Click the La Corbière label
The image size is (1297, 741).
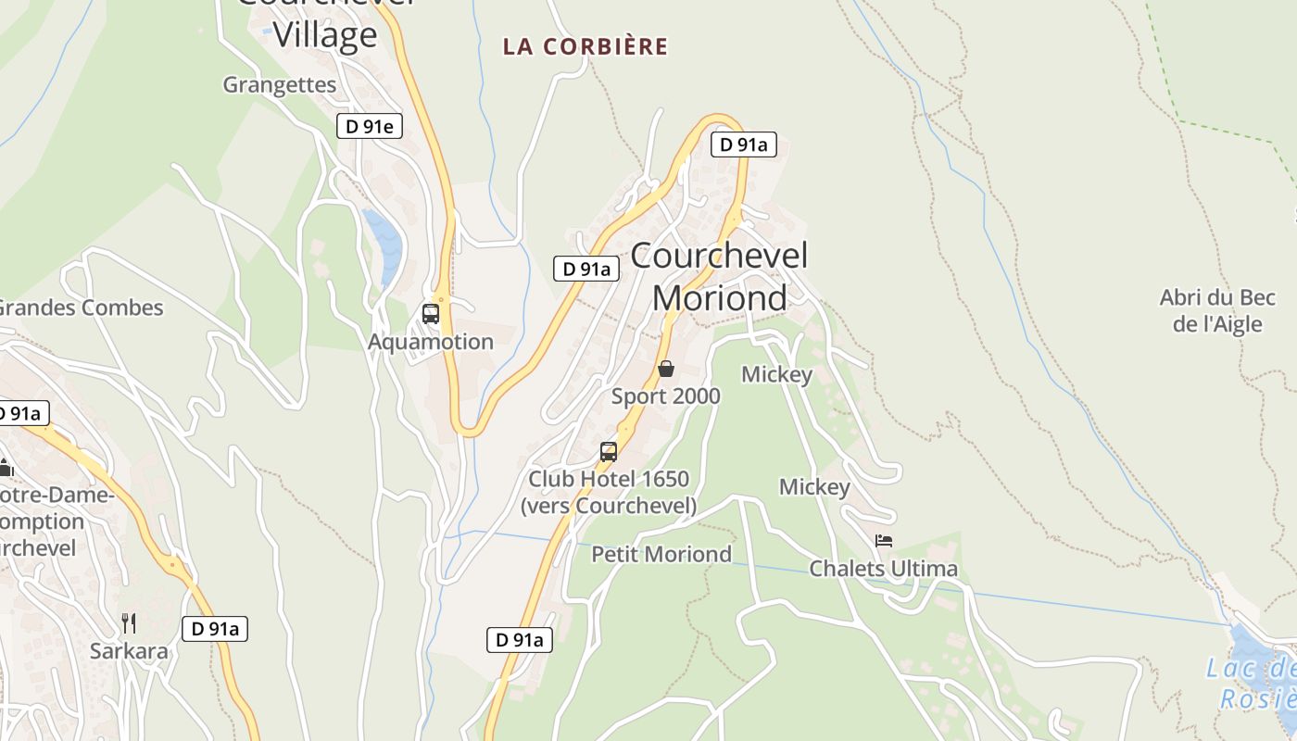585,46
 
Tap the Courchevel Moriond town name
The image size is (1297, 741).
720,276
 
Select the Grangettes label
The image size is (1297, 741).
279,84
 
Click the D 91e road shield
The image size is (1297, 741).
369,127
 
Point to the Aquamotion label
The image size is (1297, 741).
431,342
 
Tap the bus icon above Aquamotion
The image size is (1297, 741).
431,314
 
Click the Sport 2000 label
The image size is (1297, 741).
665,396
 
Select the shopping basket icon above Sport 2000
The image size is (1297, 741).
665,370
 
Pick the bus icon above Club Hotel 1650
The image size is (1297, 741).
609,452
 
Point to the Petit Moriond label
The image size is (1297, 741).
661,554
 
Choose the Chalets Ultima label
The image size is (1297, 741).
883,568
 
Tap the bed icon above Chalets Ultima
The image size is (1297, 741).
883,541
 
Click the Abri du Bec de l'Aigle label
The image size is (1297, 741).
1217,310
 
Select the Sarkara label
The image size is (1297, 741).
129,650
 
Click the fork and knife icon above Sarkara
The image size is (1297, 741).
129,622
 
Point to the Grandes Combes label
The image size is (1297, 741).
82,308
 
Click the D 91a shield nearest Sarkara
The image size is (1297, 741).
215,629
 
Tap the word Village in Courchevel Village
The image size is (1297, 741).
324,35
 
